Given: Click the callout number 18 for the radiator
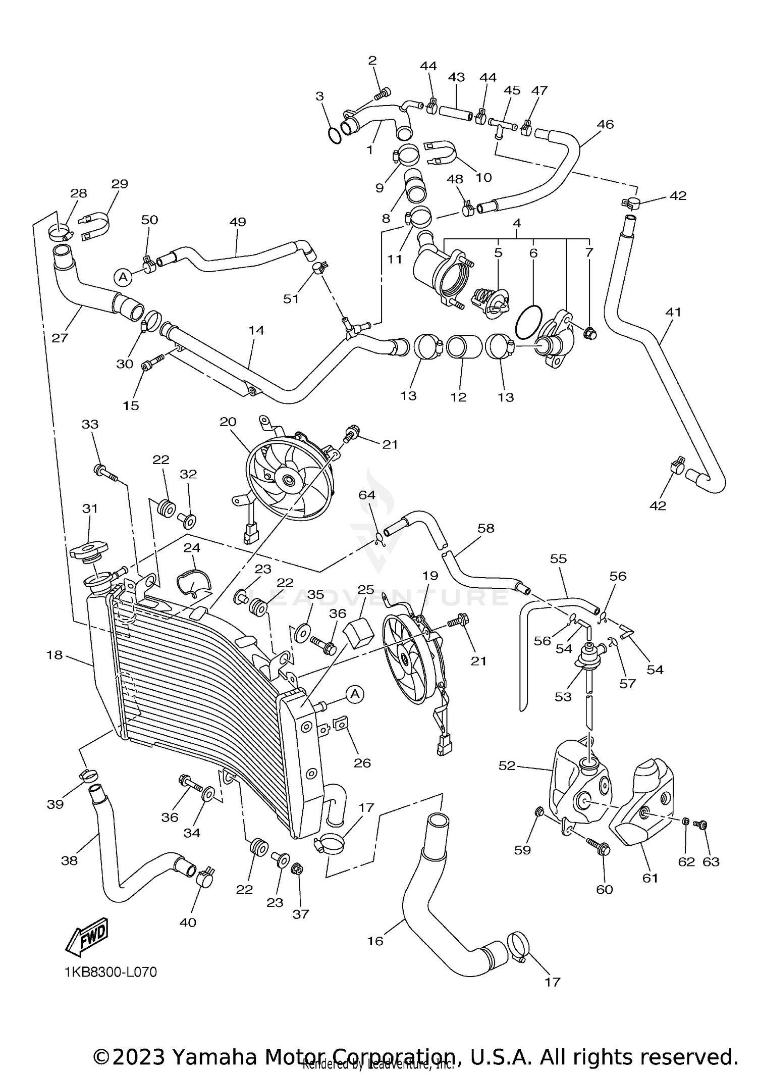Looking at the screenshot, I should click(x=55, y=655).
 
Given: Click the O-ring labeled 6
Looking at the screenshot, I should click(x=528, y=322).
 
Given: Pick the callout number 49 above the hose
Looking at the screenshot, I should click(x=237, y=222).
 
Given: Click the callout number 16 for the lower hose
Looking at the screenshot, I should click(x=375, y=941).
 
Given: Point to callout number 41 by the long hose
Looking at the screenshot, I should click(x=673, y=312).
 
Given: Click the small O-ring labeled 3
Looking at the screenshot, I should click(x=334, y=135).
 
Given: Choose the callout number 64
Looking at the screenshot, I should click(x=367, y=495).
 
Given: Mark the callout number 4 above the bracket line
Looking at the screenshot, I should click(x=516, y=223).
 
